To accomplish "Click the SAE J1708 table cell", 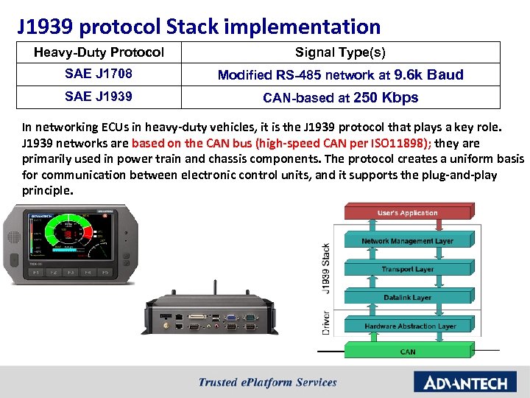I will [99, 74].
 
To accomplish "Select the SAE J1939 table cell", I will [99, 97].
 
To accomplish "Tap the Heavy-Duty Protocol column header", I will [99, 52].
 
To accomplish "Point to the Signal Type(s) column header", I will [340, 52].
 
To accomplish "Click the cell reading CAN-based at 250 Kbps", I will [340, 97].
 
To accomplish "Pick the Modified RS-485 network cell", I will [340, 74].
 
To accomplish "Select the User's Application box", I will [407, 213].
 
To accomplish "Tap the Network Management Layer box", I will [407, 241].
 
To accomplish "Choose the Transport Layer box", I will [407, 269].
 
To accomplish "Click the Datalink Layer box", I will [407, 298].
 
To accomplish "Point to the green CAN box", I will [407, 352].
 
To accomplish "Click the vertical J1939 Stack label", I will [326, 268].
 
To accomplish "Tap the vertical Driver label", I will [326, 323].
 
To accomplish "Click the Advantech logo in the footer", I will [460, 383].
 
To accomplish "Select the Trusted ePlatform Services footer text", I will [267, 383].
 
